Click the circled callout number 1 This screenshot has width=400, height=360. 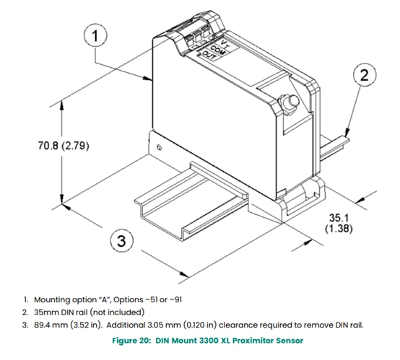[95, 35]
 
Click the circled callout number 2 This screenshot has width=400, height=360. [365, 75]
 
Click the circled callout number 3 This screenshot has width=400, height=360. [121, 240]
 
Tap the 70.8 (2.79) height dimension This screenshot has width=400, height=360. [64, 146]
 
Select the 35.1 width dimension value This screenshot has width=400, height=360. [339, 217]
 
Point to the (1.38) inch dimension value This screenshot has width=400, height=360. [339, 228]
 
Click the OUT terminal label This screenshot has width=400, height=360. [209, 56]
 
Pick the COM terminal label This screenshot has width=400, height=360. [217, 50]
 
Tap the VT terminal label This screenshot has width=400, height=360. [225, 44]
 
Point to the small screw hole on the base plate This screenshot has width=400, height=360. [159, 147]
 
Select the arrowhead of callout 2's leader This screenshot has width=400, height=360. [347, 132]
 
